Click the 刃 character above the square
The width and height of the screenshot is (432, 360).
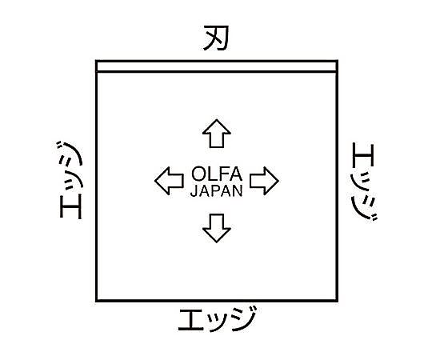[x=216, y=38]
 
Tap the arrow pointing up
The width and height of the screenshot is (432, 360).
[x=217, y=134]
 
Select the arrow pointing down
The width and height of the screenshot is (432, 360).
[x=217, y=228]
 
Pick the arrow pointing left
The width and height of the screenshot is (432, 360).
[x=169, y=181]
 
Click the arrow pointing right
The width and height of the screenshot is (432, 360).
[x=264, y=181]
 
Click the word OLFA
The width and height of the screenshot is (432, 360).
[x=217, y=174]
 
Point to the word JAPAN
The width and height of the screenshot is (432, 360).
[x=217, y=190]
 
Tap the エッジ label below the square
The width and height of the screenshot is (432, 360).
[x=218, y=319]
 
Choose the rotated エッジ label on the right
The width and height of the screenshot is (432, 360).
[x=364, y=182]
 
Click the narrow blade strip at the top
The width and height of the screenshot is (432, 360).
[x=217, y=66]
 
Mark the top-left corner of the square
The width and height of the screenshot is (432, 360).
[x=97, y=61]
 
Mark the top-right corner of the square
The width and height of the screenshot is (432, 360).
[x=338, y=61]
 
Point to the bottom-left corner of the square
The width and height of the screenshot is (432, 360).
[x=97, y=301]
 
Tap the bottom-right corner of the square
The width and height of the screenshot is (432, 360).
[x=338, y=301]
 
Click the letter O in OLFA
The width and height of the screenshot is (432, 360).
[x=198, y=174]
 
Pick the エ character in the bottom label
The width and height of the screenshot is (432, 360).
[x=191, y=320]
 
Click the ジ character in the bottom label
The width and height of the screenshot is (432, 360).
[x=243, y=318]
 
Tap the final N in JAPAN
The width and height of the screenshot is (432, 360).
[x=238, y=190]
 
